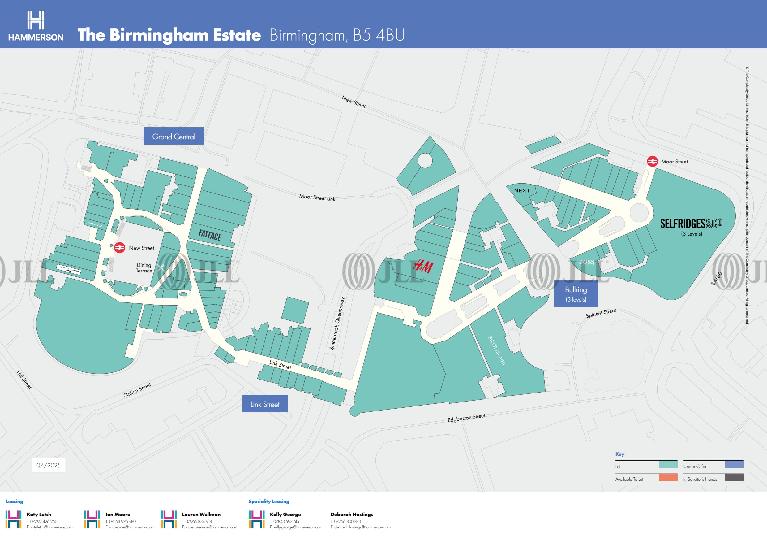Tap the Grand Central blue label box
point(174,136)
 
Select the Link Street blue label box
point(265,404)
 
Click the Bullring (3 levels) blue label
point(576,294)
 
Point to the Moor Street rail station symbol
point(652,162)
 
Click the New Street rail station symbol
point(119,248)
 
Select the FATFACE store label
point(210,235)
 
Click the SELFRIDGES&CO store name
point(691,223)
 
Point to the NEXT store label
point(522,191)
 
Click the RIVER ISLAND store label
point(497,350)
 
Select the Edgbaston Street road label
point(466,418)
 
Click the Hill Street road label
point(24,380)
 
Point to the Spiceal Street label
point(600,313)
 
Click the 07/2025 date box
point(49,465)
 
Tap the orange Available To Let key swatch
point(668,477)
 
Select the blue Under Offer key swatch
point(734,464)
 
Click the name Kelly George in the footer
point(285,514)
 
